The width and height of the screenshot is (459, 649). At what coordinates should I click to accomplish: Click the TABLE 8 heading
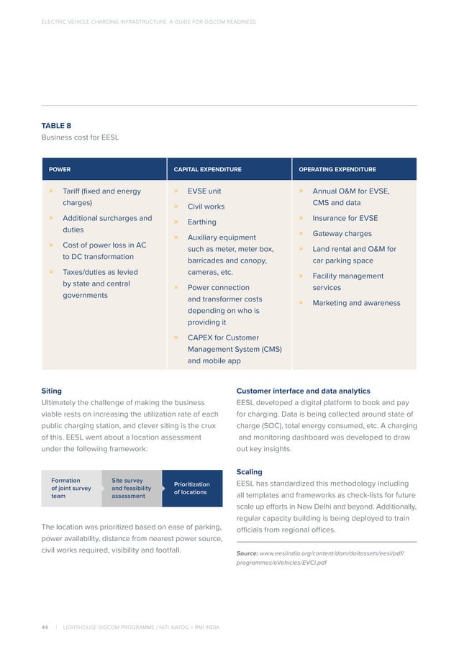pos(56,125)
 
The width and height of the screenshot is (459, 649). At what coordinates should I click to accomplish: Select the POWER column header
pos(60,170)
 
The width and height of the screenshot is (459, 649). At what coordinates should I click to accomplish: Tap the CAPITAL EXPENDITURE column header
pos(207,170)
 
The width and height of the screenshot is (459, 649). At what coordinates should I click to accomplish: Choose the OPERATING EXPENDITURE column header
pos(337,170)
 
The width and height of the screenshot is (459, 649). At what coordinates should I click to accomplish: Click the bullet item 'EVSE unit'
pos(204,191)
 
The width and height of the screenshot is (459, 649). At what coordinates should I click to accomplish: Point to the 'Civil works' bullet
pos(206,207)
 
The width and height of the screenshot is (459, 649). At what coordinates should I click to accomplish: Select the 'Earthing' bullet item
pos(201,222)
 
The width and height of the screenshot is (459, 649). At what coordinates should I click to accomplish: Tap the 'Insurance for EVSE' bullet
pos(345,218)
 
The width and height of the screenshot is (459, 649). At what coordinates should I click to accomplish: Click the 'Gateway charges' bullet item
pos(342,234)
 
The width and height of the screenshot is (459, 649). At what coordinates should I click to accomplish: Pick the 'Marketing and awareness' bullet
pos(356,303)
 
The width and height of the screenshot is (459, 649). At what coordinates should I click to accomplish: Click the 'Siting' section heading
pos(51,391)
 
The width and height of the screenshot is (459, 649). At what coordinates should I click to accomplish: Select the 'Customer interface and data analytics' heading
pos(303,391)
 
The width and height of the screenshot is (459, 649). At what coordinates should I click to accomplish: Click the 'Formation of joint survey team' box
pos(71,488)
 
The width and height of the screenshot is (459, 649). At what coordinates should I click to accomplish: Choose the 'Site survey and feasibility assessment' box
pos(131,488)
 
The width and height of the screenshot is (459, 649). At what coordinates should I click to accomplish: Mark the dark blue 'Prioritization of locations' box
pos(191,489)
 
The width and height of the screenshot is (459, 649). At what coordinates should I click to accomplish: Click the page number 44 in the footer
pos(45,627)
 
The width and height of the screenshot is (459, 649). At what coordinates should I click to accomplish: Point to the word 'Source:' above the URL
pos(247,553)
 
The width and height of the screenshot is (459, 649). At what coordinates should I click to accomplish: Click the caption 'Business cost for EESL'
pos(80,137)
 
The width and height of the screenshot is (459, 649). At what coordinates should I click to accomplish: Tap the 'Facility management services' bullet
pos(348,281)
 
